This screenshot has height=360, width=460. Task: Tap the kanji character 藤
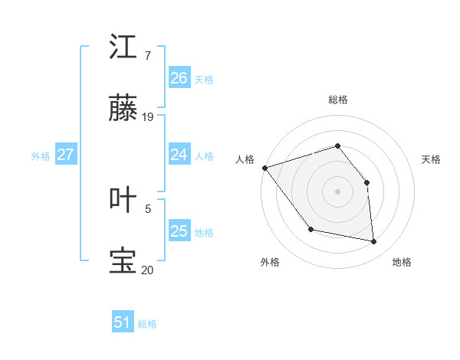[124, 110]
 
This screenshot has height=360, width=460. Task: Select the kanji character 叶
[124, 199]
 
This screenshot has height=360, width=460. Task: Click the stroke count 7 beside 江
[146, 56]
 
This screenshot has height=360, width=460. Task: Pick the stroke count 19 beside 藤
[148, 117]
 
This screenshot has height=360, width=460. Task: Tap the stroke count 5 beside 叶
[148, 208]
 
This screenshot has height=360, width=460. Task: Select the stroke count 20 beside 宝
[148, 270]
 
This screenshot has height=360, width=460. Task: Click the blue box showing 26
[179, 78]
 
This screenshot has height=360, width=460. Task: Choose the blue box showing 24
[179, 155]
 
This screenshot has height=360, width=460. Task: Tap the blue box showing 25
[179, 231]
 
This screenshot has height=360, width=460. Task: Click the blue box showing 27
[65, 155]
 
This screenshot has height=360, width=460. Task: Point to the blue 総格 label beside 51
[147, 324]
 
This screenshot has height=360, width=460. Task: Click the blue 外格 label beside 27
[41, 156]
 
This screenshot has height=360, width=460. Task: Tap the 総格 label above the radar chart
[338, 100]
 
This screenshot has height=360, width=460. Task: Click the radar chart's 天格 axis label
[432, 159]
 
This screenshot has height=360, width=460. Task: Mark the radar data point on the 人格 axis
[264, 168]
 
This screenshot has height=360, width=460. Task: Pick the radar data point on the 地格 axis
[373, 241]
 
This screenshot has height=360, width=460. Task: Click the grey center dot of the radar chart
[337, 191]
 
